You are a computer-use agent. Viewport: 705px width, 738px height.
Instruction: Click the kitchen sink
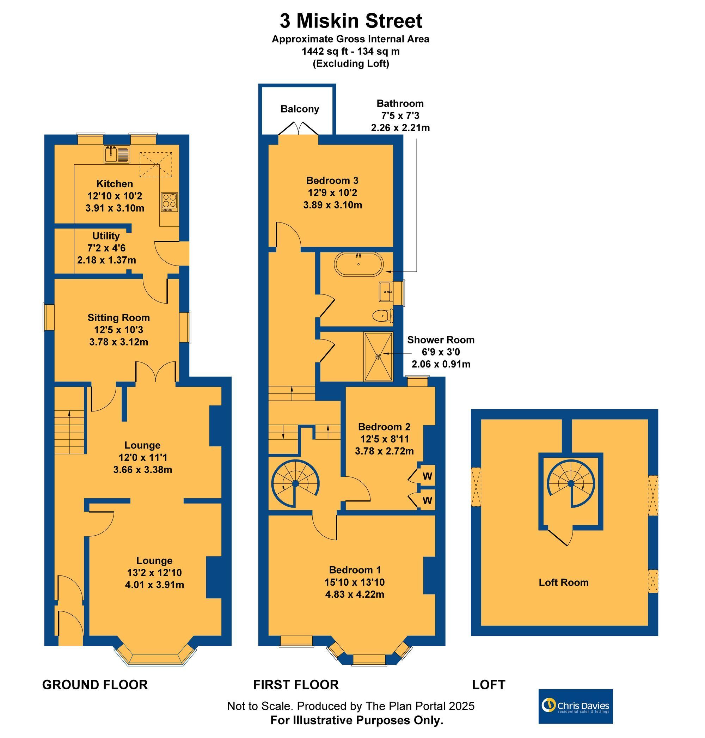pyautogui.click(x=117, y=154)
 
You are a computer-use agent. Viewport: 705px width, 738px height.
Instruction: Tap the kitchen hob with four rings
pyautogui.click(x=169, y=202)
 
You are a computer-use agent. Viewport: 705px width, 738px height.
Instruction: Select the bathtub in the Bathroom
pyautogui.click(x=359, y=264)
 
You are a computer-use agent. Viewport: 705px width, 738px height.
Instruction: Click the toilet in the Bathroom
pyautogui.click(x=383, y=316)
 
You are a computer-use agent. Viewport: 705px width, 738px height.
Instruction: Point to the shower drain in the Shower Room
pyautogui.click(x=379, y=356)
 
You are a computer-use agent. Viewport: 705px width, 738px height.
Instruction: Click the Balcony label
pyautogui.click(x=300, y=109)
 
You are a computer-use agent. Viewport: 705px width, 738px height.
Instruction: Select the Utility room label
pyautogui.click(x=106, y=236)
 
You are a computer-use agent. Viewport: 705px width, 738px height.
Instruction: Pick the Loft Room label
pyautogui.click(x=564, y=583)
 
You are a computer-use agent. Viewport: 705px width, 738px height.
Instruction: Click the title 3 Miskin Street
pyautogui.click(x=351, y=21)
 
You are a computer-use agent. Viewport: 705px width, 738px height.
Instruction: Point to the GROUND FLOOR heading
pyautogui.click(x=95, y=685)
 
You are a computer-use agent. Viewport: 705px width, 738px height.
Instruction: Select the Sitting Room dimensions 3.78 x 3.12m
pyautogui.click(x=119, y=342)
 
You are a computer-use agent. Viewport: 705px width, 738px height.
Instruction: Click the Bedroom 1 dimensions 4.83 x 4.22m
pyautogui.click(x=355, y=594)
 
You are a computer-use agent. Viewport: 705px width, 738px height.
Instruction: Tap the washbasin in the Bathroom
pyautogui.click(x=386, y=292)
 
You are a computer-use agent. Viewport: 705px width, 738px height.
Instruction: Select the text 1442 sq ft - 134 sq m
pyautogui.click(x=351, y=51)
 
